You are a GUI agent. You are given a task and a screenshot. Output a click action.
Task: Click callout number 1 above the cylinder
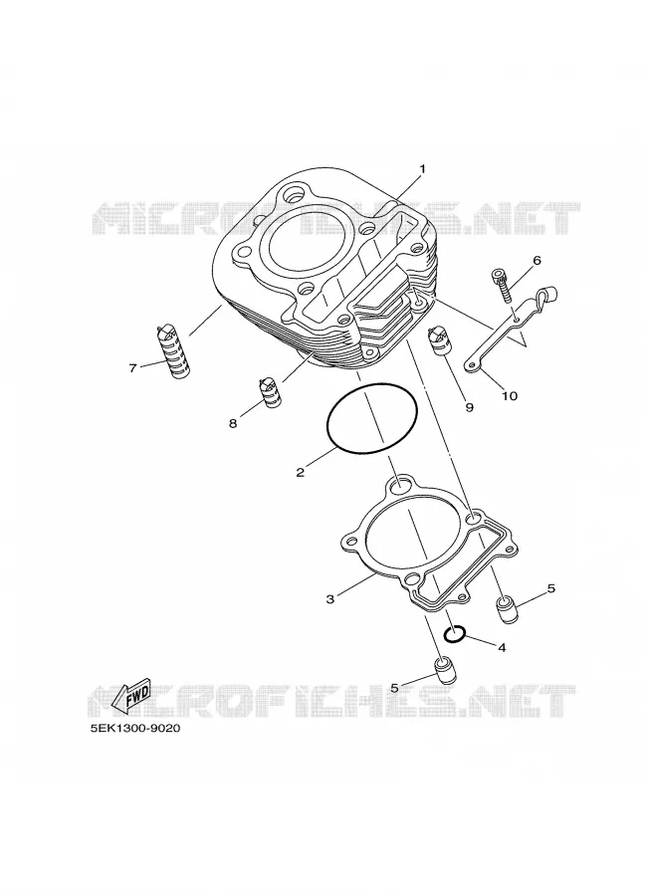pos(422,168)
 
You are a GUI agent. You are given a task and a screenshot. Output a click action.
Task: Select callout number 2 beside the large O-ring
pos(300,472)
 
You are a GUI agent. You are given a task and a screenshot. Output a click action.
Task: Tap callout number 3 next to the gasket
pos(330,599)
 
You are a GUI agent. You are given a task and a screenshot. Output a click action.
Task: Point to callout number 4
pos(502,648)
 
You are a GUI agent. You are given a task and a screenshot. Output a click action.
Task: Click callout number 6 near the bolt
pos(537,261)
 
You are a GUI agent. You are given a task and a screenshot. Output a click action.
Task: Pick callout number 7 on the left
pos(132,368)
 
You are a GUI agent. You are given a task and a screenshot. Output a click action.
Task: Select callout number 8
pos(233,424)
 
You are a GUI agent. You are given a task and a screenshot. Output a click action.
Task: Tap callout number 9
pos(469,407)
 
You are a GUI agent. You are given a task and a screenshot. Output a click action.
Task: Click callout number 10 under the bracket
pos(510,395)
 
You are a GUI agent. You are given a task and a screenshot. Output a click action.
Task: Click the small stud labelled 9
pos(439,340)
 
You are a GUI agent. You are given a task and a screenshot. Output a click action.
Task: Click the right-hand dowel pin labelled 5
pos(506,609)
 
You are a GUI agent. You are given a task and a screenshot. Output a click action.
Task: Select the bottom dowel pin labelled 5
pos(444,670)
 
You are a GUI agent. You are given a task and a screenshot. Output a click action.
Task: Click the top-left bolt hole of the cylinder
pos(299,193)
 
